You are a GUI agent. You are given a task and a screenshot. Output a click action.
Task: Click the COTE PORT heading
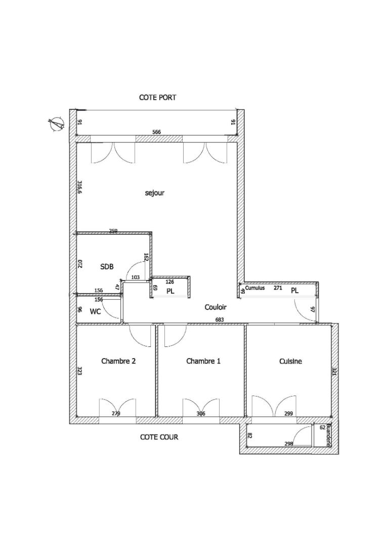pyautogui.click(x=158, y=97)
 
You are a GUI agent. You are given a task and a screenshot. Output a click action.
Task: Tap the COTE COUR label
pyautogui.click(x=159, y=437)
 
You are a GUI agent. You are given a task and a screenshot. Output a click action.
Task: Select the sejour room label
pyautogui.click(x=155, y=193)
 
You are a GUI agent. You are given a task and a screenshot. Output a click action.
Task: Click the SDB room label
pyautogui.click(x=107, y=266)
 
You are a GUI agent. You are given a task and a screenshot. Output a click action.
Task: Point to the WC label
pyautogui.click(x=95, y=311)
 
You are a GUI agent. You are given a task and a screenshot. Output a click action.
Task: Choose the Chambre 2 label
pyautogui.click(x=118, y=361)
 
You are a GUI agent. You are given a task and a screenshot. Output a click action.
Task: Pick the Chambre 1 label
pyautogui.click(x=203, y=361)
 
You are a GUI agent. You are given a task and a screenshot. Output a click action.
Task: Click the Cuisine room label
pyautogui.click(x=290, y=361)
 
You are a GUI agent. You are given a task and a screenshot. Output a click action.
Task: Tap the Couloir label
pyautogui.click(x=216, y=307)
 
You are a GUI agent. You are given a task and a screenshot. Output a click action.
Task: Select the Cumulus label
pyautogui.click(x=256, y=288)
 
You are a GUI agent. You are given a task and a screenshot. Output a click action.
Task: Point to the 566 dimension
pyautogui.click(x=157, y=132)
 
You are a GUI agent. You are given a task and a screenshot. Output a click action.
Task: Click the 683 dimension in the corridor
pyautogui.click(x=220, y=320)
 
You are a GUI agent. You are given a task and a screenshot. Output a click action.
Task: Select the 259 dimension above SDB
pyautogui.click(x=113, y=231)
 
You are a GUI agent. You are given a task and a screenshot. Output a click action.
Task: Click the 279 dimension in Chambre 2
pyautogui.click(x=116, y=414)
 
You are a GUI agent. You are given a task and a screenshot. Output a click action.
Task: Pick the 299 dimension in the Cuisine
pyautogui.click(x=288, y=414)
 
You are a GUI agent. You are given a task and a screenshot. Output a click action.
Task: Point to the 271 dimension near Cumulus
pyautogui.click(x=278, y=288)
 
